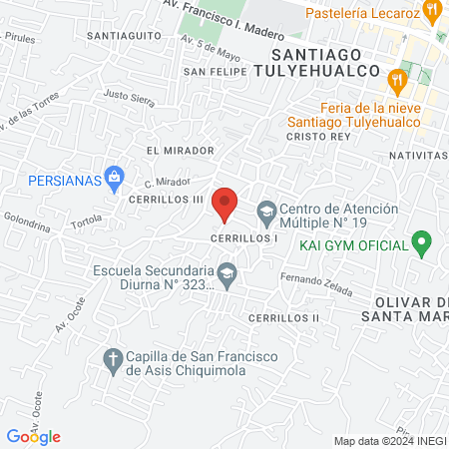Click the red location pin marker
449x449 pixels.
225,204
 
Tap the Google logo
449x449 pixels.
33,436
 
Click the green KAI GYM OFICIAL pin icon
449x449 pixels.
421,243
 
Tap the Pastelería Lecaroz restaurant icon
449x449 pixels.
432,12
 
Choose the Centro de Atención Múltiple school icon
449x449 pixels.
266,212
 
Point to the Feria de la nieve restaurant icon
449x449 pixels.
397,80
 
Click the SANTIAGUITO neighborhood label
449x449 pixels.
125,35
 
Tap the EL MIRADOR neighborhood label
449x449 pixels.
180,150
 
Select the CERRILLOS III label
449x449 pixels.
166,199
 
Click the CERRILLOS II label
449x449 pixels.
283,317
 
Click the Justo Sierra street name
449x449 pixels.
130,99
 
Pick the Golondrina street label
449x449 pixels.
27,221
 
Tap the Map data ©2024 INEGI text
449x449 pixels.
389,441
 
